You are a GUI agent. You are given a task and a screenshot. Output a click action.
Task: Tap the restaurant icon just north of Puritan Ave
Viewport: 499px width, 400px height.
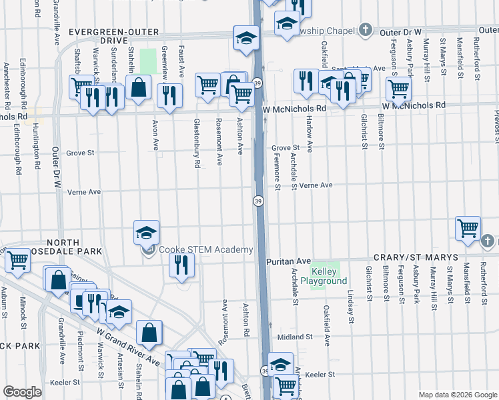182,265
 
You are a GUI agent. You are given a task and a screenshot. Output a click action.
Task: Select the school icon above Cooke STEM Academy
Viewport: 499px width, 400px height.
147,233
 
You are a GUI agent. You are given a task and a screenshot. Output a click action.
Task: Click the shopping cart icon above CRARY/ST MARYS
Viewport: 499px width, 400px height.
468,228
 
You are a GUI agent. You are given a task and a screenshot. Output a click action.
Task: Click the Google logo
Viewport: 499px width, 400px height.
22,392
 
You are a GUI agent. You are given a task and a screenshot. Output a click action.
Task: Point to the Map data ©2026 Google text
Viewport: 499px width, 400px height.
457,395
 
